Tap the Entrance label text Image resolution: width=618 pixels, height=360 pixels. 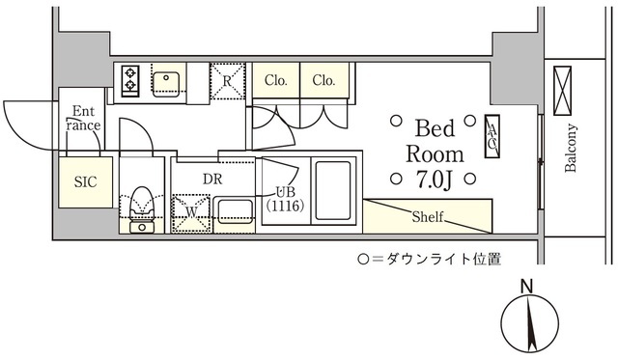tap(84, 119)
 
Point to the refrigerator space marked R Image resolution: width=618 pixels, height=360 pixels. tap(227, 81)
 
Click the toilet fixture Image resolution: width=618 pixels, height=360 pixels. tap(141, 203)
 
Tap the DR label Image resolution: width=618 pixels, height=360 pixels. tap(212, 178)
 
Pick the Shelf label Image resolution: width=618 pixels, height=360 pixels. tap(428, 216)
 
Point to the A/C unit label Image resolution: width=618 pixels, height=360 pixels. tap(491, 135)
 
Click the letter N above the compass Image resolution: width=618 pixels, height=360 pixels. tap(526, 287)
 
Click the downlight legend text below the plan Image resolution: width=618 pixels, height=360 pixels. tap(429, 259)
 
